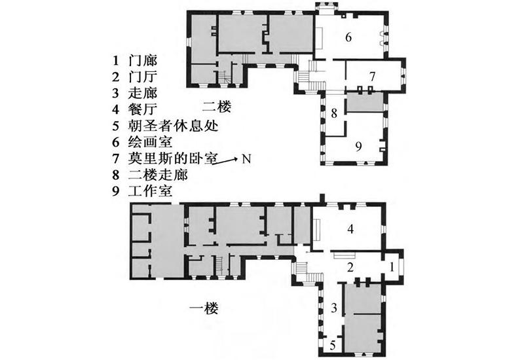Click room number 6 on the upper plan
pos(348,37)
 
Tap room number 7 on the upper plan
pos(371,76)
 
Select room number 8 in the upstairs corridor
pos(333,113)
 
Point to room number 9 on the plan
pos(358,146)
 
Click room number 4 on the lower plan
pos(350,229)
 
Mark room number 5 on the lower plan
pos(333,345)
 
